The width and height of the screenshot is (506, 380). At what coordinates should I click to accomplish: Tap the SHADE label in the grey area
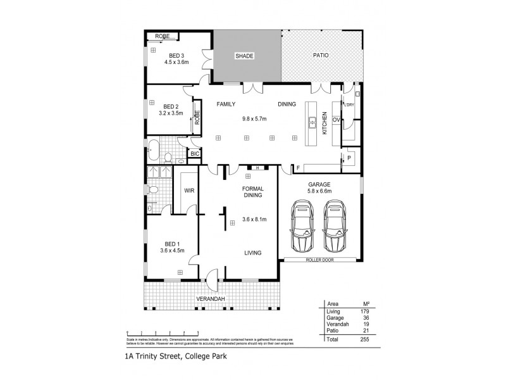click(245, 56)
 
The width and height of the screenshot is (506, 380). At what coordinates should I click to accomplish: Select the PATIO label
click(321, 56)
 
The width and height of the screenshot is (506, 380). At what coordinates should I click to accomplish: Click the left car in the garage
click(303, 227)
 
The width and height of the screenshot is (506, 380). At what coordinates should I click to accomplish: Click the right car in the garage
click(335, 227)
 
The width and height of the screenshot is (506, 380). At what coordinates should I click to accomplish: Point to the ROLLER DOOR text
click(319, 260)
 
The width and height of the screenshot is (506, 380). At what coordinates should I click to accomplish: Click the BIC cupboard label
click(195, 153)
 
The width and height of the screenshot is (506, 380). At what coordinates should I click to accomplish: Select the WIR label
click(188, 189)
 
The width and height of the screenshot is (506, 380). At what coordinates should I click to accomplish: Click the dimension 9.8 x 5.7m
click(255, 119)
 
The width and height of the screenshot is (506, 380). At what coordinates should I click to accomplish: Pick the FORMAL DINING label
click(252, 193)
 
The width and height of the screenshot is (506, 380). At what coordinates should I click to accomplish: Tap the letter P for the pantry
click(349, 156)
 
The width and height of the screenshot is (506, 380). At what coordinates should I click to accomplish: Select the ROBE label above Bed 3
click(163, 37)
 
